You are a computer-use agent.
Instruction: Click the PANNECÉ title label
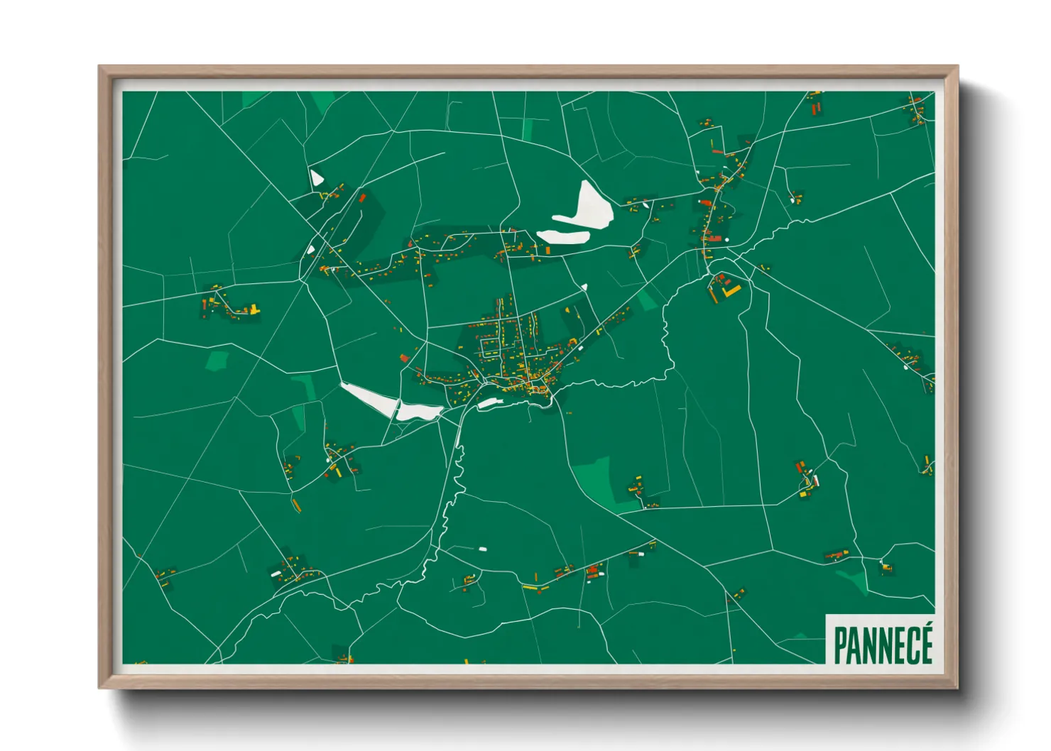882,643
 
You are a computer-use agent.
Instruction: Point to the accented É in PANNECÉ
924,643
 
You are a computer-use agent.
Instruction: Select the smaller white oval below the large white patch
562,237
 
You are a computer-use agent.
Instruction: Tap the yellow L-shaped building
729,291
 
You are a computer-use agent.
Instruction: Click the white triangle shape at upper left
315,177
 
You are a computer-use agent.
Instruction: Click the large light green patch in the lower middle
597,479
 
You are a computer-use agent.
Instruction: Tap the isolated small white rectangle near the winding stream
483,549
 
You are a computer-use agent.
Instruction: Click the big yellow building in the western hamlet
254,309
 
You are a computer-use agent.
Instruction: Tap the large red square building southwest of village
405,358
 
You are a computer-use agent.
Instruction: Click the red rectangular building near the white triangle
361,198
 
